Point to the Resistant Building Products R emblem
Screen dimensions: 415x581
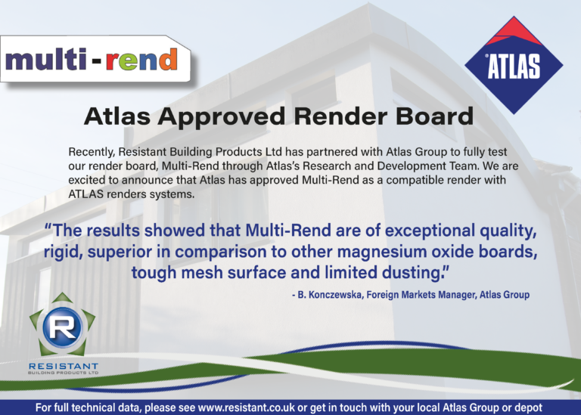click(63, 327)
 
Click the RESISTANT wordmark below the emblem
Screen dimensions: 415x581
click(64, 366)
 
